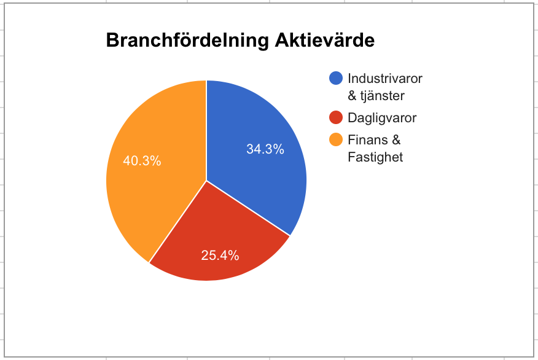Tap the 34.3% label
click(x=265, y=149)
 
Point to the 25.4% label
click(x=220, y=256)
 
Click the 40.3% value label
click(x=142, y=160)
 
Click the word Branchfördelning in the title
click(x=187, y=41)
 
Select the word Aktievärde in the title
click(x=325, y=40)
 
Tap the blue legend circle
click(x=336, y=78)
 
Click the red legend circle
click(x=336, y=117)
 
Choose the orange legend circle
click(x=336, y=139)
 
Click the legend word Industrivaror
click(x=385, y=78)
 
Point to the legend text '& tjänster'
click(x=376, y=96)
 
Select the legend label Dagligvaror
click(x=382, y=118)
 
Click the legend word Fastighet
click(x=375, y=157)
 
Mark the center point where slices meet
click(x=206, y=181)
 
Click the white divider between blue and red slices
click(x=248, y=208)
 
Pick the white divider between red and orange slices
click(x=177, y=222)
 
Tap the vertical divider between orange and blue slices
click(x=206, y=130)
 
